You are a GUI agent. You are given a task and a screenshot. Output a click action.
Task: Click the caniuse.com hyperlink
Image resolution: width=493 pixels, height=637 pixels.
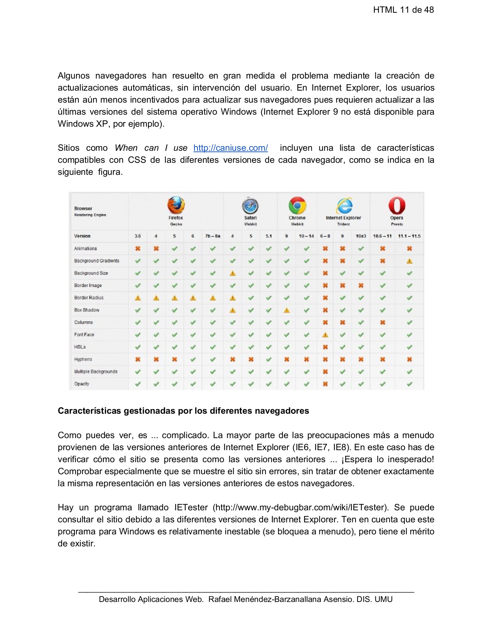point(230,148)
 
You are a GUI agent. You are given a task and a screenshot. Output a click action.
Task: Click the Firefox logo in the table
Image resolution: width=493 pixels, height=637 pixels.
point(176,205)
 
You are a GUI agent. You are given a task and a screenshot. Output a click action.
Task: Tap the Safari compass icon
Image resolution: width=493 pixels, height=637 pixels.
point(250,206)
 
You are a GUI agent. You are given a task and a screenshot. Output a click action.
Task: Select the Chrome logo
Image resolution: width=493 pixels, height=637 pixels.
point(297,206)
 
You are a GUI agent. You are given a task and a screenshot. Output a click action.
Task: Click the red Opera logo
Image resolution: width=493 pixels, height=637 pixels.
point(397,206)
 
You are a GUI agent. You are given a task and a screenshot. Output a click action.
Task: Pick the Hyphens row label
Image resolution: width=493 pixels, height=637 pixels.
point(83,359)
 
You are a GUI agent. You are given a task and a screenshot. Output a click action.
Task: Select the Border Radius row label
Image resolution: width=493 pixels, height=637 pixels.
point(89,298)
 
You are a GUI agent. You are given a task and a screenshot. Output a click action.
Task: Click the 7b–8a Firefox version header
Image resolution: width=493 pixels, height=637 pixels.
point(213,236)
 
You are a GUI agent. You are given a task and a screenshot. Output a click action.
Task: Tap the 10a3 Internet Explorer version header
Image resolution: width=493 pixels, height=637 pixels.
point(361,236)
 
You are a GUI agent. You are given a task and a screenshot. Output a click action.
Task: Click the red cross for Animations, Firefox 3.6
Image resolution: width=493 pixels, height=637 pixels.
point(138,248)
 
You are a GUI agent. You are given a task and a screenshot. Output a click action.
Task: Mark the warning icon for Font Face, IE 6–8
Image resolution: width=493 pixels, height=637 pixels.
point(325,335)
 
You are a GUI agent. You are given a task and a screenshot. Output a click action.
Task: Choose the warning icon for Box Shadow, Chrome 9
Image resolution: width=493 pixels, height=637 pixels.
point(287,310)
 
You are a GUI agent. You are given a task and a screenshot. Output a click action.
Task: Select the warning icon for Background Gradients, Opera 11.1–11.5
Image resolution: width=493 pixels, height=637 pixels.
point(409,261)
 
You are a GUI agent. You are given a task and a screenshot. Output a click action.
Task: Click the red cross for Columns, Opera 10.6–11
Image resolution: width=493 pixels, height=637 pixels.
point(382,322)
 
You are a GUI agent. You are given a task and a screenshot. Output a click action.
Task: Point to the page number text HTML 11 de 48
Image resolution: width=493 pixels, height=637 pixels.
point(403,10)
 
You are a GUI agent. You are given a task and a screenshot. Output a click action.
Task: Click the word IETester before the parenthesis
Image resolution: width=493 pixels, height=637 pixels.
point(191,507)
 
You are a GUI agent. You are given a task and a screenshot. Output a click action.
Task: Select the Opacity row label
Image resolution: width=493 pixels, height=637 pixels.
point(82,384)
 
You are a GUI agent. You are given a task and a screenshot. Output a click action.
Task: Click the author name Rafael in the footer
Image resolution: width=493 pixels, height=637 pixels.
point(220,599)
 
